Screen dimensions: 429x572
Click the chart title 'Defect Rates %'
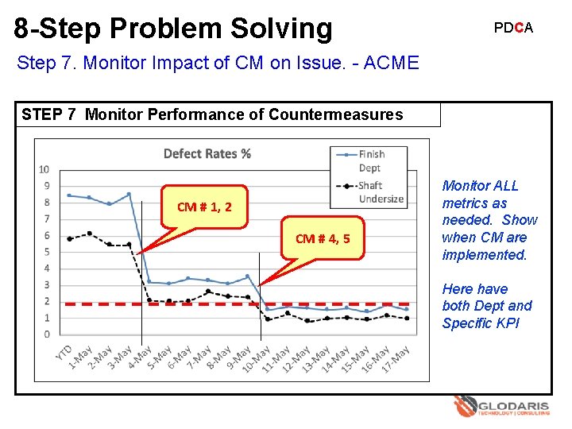(207, 153)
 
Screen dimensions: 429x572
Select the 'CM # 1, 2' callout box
(204, 207)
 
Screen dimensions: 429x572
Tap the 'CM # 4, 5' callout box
(323, 238)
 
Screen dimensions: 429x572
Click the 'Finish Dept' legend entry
(370, 160)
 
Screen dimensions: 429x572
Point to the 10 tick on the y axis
(44, 169)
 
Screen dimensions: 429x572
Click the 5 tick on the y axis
(46, 252)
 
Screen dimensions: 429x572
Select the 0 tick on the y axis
(46, 334)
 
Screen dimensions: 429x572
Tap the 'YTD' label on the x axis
(64, 353)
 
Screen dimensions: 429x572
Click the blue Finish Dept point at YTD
(70, 195)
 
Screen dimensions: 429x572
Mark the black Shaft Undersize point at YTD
(70, 238)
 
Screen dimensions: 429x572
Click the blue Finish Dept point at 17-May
(407, 309)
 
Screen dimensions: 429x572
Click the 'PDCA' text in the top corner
(513, 28)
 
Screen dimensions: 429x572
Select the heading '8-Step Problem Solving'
(173, 28)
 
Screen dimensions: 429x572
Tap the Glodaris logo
(500, 408)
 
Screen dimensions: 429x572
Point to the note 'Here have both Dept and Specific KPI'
(486, 306)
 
